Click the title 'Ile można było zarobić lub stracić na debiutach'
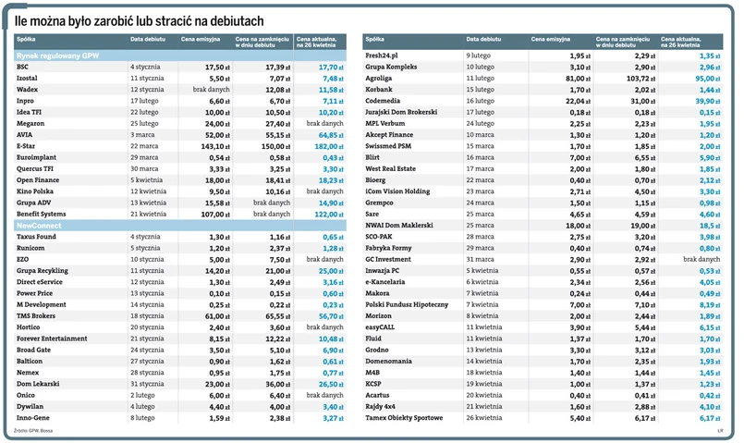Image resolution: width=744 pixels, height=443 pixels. point(139,20)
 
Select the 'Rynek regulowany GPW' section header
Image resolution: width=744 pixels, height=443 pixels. point(57,56)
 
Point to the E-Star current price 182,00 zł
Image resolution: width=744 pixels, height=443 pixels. point(327,146)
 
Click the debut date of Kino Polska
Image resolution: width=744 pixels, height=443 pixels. point(150,191)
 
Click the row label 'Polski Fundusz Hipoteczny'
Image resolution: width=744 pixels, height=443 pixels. point(408,304)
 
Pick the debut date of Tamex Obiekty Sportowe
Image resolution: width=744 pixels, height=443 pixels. point(486,418)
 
